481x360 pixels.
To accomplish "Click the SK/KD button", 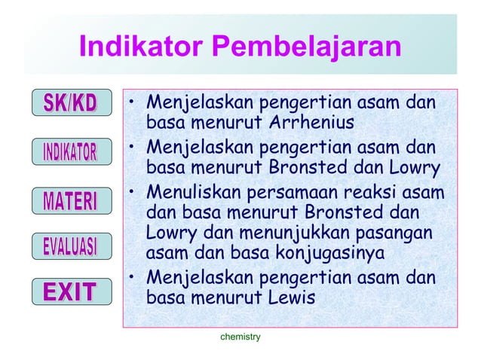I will [x=69, y=102].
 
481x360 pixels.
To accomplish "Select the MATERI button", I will [x=69, y=201].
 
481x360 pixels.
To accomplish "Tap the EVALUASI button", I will [x=69, y=246].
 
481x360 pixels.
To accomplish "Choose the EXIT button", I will [x=69, y=291].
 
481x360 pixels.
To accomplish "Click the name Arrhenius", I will [x=308, y=122].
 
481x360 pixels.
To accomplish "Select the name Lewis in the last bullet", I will [x=290, y=298].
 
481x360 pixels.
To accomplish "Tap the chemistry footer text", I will [x=240, y=337].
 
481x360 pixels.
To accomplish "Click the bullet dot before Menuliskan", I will [x=131, y=193].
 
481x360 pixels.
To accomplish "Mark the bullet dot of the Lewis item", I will [x=131, y=281].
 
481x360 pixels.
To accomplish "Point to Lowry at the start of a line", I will [x=172, y=231].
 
